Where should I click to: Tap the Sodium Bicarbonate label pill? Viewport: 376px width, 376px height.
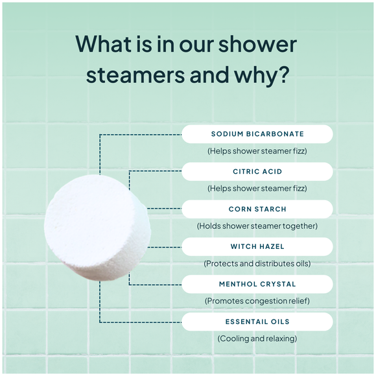[257, 134]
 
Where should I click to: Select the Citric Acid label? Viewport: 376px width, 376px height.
[257, 172]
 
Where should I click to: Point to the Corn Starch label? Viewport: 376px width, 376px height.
[257, 209]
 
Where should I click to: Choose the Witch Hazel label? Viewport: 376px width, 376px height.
[257, 247]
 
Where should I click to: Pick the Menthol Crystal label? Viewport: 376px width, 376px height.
[257, 284]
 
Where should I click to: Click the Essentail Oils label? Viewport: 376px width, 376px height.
[257, 322]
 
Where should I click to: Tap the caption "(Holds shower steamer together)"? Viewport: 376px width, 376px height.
[257, 226]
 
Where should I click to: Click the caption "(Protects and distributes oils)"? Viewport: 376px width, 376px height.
[257, 264]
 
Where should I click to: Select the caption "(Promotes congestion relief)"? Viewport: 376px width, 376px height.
[257, 301]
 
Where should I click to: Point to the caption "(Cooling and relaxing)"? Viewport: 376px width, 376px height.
[257, 338]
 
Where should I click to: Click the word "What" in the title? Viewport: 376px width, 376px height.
[107, 43]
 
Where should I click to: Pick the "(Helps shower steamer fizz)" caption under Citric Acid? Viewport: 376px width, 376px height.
[257, 189]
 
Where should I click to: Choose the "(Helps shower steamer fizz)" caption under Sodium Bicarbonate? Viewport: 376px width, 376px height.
[257, 151]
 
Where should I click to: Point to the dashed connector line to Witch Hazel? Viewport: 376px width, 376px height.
[165, 247]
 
